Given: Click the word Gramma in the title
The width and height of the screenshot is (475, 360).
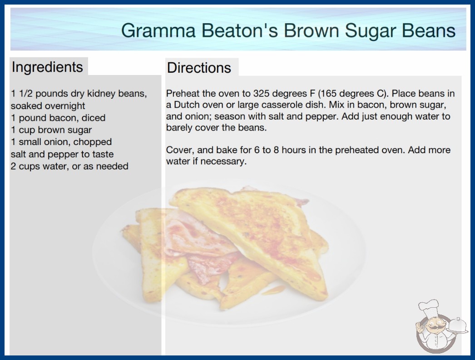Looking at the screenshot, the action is coord(158,30).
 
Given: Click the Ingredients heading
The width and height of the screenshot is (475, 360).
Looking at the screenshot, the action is coord(47,67).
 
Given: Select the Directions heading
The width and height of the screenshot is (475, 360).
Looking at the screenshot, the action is coord(199,68).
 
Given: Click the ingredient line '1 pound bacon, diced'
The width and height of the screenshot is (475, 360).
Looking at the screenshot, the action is coord(58,118).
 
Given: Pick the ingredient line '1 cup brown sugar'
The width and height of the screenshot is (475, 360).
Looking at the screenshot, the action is coord(51,130).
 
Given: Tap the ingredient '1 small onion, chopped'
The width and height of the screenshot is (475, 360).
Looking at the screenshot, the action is coord(61,142).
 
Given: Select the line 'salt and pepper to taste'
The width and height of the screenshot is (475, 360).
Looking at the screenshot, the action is coord(62,154).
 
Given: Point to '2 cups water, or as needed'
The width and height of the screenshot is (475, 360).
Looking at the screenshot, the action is coord(69,166).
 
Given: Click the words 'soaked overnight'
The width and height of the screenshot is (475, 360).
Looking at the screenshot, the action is coord(48,106).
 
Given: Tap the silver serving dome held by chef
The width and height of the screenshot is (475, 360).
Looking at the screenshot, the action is coord(458,325).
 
